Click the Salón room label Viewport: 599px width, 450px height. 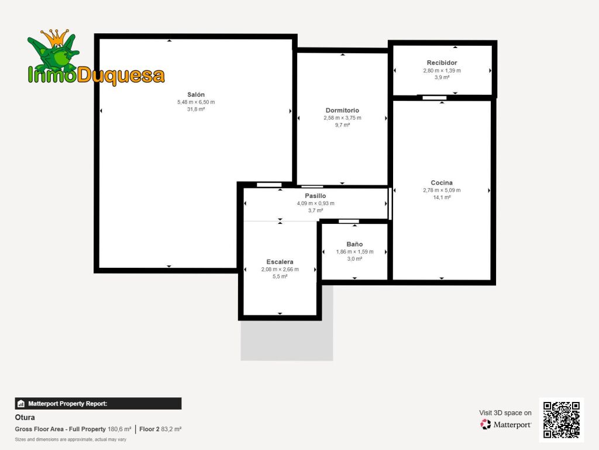(196, 94)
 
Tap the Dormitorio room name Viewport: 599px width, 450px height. (342, 110)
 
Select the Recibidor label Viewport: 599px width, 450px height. (442, 63)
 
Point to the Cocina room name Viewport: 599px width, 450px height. (442, 183)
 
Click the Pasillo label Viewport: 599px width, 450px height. (315, 196)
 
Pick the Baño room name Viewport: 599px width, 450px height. (354, 244)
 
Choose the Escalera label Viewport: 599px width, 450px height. (280, 262)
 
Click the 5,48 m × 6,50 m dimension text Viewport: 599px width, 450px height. (196, 102)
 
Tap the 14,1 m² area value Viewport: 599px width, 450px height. (442, 197)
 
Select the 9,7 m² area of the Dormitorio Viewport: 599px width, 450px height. (342, 125)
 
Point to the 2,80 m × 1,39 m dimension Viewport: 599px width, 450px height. (442, 70)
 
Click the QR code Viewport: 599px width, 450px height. (562, 420)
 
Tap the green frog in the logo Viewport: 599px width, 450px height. (53, 53)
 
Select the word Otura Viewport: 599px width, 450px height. (25, 417)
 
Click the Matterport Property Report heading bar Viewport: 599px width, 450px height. (98, 404)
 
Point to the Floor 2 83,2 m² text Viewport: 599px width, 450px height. (160, 429)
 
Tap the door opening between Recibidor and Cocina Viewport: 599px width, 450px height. (435, 98)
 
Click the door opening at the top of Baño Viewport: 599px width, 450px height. (349, 221)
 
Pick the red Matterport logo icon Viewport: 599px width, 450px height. (486, 424)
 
